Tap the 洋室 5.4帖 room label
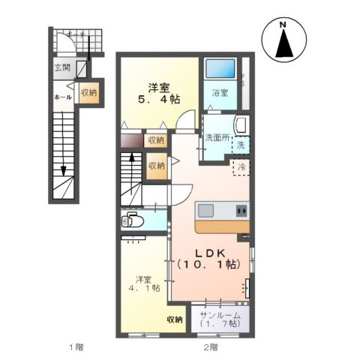pyautogui.click(x=157, y=91)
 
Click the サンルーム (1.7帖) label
pyautogui.click(x=220, y=318)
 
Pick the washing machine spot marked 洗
pyautogui.click(x=241, y=143)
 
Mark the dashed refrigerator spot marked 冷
pyautogui.click(x=241, y=167)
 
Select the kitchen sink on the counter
pyautogui.click(x=207, y=208)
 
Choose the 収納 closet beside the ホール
pyautogui.click(x=88, y=93)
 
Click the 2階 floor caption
pyautogui.click(x=210, y=346)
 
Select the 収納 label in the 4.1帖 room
pyautogui.click(x=174, y=319)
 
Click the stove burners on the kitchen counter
pyautogui.click(x=241, y=208)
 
